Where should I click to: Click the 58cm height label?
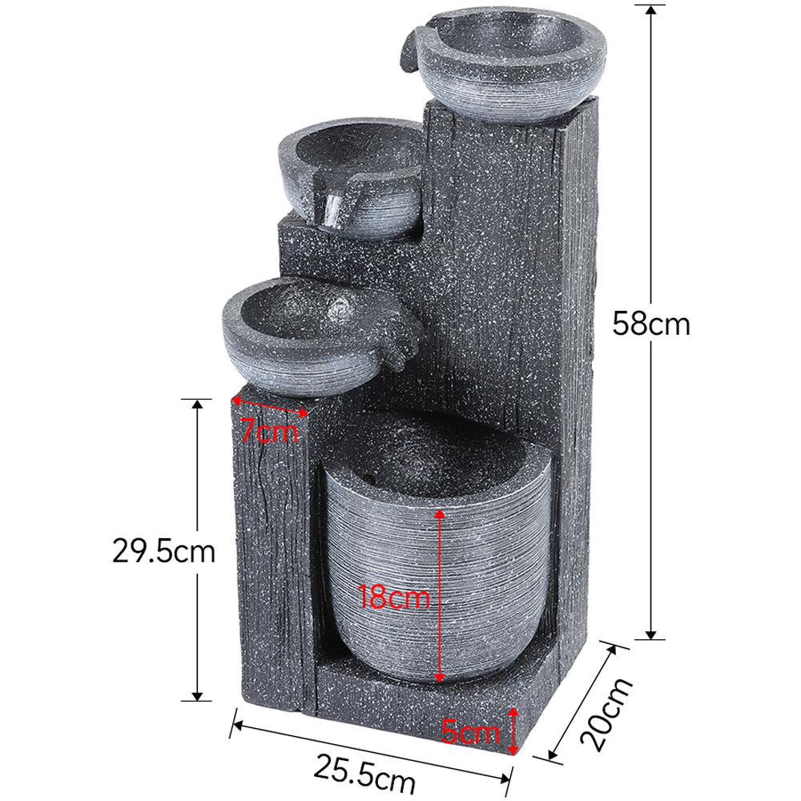click(x=650, y=324)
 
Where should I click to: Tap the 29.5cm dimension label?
click(x=163, y=552)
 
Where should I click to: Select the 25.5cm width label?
click(x=364, y=773)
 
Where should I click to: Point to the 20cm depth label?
click(x=606, y=714)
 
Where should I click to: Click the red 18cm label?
click(x=393, y=596)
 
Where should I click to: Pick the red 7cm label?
click(x=268, y=431)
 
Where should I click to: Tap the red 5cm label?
click(x=470, y=732)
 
